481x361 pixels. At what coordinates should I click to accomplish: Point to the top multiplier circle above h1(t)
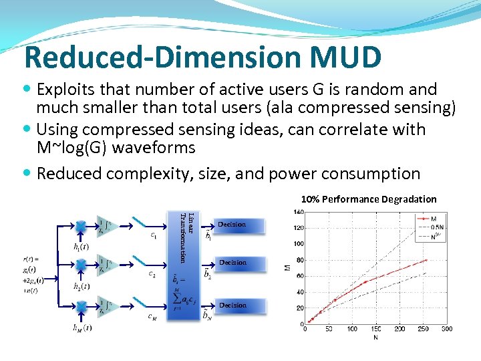(x=81, y=225)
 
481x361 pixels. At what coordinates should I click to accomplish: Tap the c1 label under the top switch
(x=154, y=235)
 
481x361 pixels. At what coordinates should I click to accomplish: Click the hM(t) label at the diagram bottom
(x=83, y=328)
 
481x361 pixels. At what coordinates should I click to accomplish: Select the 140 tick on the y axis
(x=298, y=212)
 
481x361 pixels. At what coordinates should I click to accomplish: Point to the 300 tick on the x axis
(x=446, y=329)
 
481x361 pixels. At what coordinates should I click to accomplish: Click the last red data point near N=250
(x=426, y=260)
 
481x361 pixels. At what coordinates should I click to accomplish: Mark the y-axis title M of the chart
(x=287, y=269)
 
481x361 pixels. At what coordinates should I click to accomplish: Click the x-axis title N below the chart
(x=375, y=337)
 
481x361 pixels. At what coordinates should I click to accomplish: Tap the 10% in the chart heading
(x=310, y=199)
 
